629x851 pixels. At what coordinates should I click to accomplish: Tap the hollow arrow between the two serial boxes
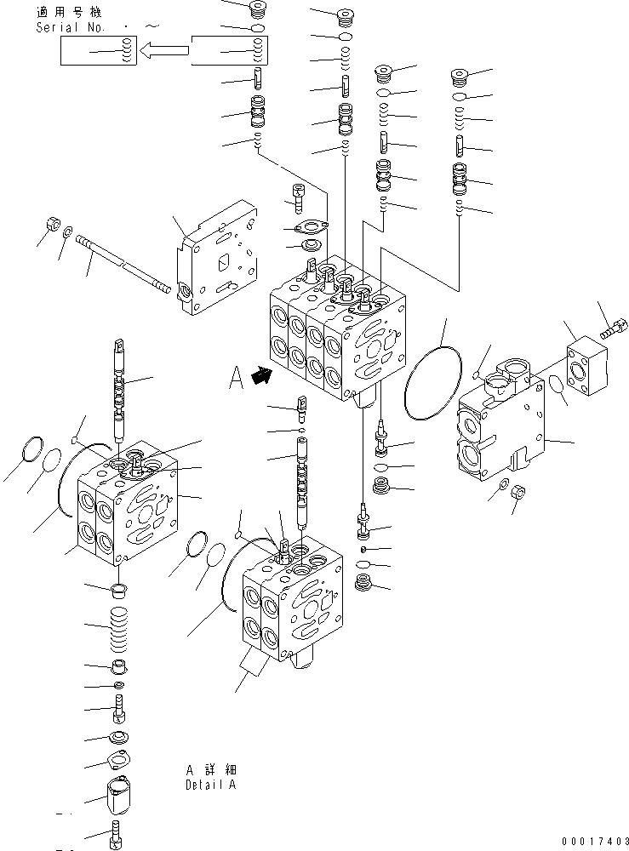[x=163, y=54]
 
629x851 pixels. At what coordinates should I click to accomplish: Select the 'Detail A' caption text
[x=210, y=785]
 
